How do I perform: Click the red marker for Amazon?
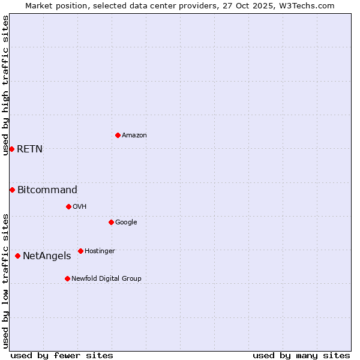pos(118,135)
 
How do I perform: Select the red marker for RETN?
pos(11,149)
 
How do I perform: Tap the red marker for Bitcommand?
pos(12,190)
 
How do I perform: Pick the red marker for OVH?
pos(68,206)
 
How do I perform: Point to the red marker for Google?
pos(111,222)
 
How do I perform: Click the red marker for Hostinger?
pos(80,251)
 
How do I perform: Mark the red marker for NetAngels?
pos(17,256)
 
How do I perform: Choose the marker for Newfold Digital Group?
pos(67,278)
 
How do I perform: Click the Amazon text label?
pos(134,136)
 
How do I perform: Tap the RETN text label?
pos(29,149)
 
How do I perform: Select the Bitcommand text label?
pos(47,190)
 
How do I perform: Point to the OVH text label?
pos(80,207)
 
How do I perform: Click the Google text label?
pos(126,223)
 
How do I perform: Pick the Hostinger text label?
pos(100,251)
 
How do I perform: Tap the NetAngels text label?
pos(47,256)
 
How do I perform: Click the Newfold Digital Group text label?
pos(106,279)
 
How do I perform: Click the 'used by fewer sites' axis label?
pos(62,355)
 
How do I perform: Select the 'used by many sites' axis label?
pos(301,355)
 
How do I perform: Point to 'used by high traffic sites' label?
pos(5,85)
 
